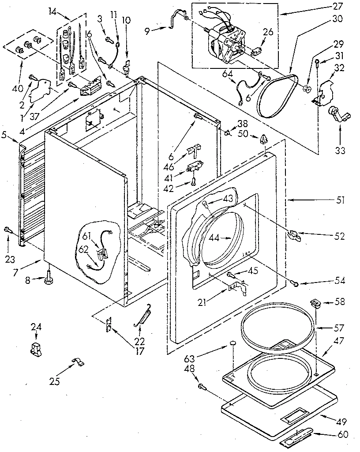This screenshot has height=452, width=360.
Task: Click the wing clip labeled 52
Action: [x=294, y=235]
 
